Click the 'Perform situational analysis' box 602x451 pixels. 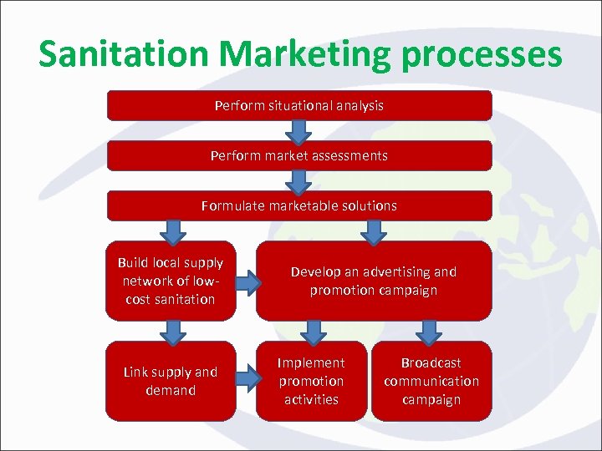[299, 105]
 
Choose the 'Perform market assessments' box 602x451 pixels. [299, 155]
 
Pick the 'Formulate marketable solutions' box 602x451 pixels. [299, 205]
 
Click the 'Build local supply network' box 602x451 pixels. [171, 281]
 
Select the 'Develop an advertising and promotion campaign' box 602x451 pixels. [373, 281]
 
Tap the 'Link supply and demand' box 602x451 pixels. [171, 381]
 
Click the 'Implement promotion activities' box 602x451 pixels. [311, 381]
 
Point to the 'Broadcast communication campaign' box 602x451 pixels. [431, 381]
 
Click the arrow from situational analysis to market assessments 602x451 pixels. [298, 130]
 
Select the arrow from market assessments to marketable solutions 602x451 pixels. [298, 180]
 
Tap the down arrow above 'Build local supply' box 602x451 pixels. [172, 231]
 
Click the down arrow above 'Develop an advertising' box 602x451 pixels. [371, 231]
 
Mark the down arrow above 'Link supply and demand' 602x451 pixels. [172, 332]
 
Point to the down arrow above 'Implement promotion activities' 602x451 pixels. [313, 332]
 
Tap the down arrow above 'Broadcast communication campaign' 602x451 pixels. [430, 332]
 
